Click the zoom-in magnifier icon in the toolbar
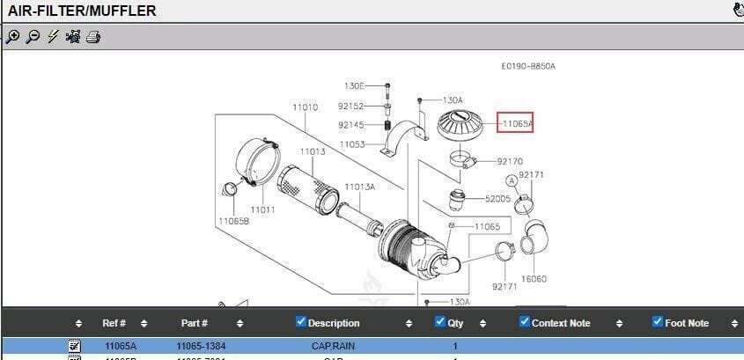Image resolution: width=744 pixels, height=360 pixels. tap(12, 36)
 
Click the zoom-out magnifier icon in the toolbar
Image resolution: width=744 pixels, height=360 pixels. tap(33, 36)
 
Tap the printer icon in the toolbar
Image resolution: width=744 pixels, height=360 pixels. tap(93, 36)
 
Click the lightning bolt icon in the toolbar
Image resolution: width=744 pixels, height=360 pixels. tap(53, 36)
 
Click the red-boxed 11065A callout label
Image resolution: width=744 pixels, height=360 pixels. tap(516, 124)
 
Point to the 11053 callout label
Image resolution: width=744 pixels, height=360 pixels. tap(351, 143)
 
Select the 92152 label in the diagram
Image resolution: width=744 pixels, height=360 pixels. tap(351, 106)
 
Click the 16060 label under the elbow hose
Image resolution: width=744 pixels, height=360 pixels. tap(534, 278)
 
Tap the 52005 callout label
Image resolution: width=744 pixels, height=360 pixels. tap(497, 199)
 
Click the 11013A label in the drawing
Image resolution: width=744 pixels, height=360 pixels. tap(359, 187)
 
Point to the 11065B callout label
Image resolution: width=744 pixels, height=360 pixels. tap(233, 221)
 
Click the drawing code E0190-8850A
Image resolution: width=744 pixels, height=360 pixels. tap(528, 66)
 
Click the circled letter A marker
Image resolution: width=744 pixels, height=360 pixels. tap(510, 180)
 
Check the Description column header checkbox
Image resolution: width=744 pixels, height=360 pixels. tap(301, 321)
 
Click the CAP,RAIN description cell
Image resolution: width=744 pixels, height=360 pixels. tap(333, 346)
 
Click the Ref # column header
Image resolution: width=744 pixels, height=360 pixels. tap(114, 323)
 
